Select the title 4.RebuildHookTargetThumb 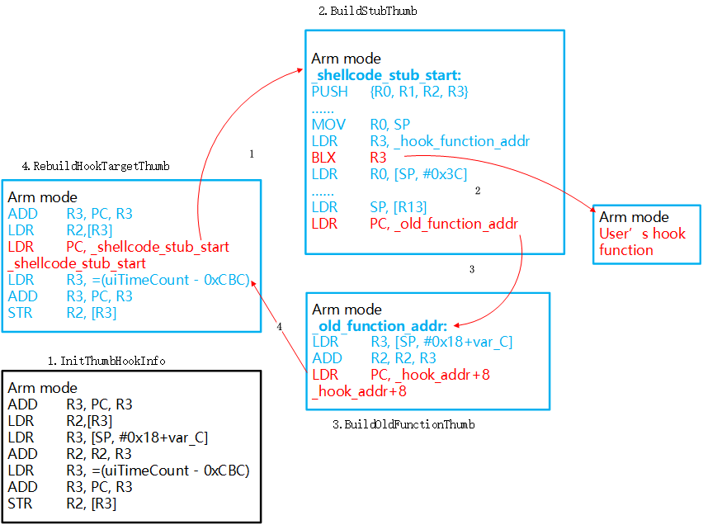(96, 166)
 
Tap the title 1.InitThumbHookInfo (106, 361)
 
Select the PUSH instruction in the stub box (330, 92)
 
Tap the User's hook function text (642, 242)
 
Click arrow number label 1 (251, 154)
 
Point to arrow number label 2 (477, 191)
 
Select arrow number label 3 (471, 269)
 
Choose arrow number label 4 (279, 327)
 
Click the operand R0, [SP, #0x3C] (419, 173)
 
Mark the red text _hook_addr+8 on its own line (359, 391)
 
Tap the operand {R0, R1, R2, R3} (419, 92)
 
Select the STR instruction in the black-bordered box (20, 503)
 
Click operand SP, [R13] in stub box (399, 206)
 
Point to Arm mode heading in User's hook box (634, 217)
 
